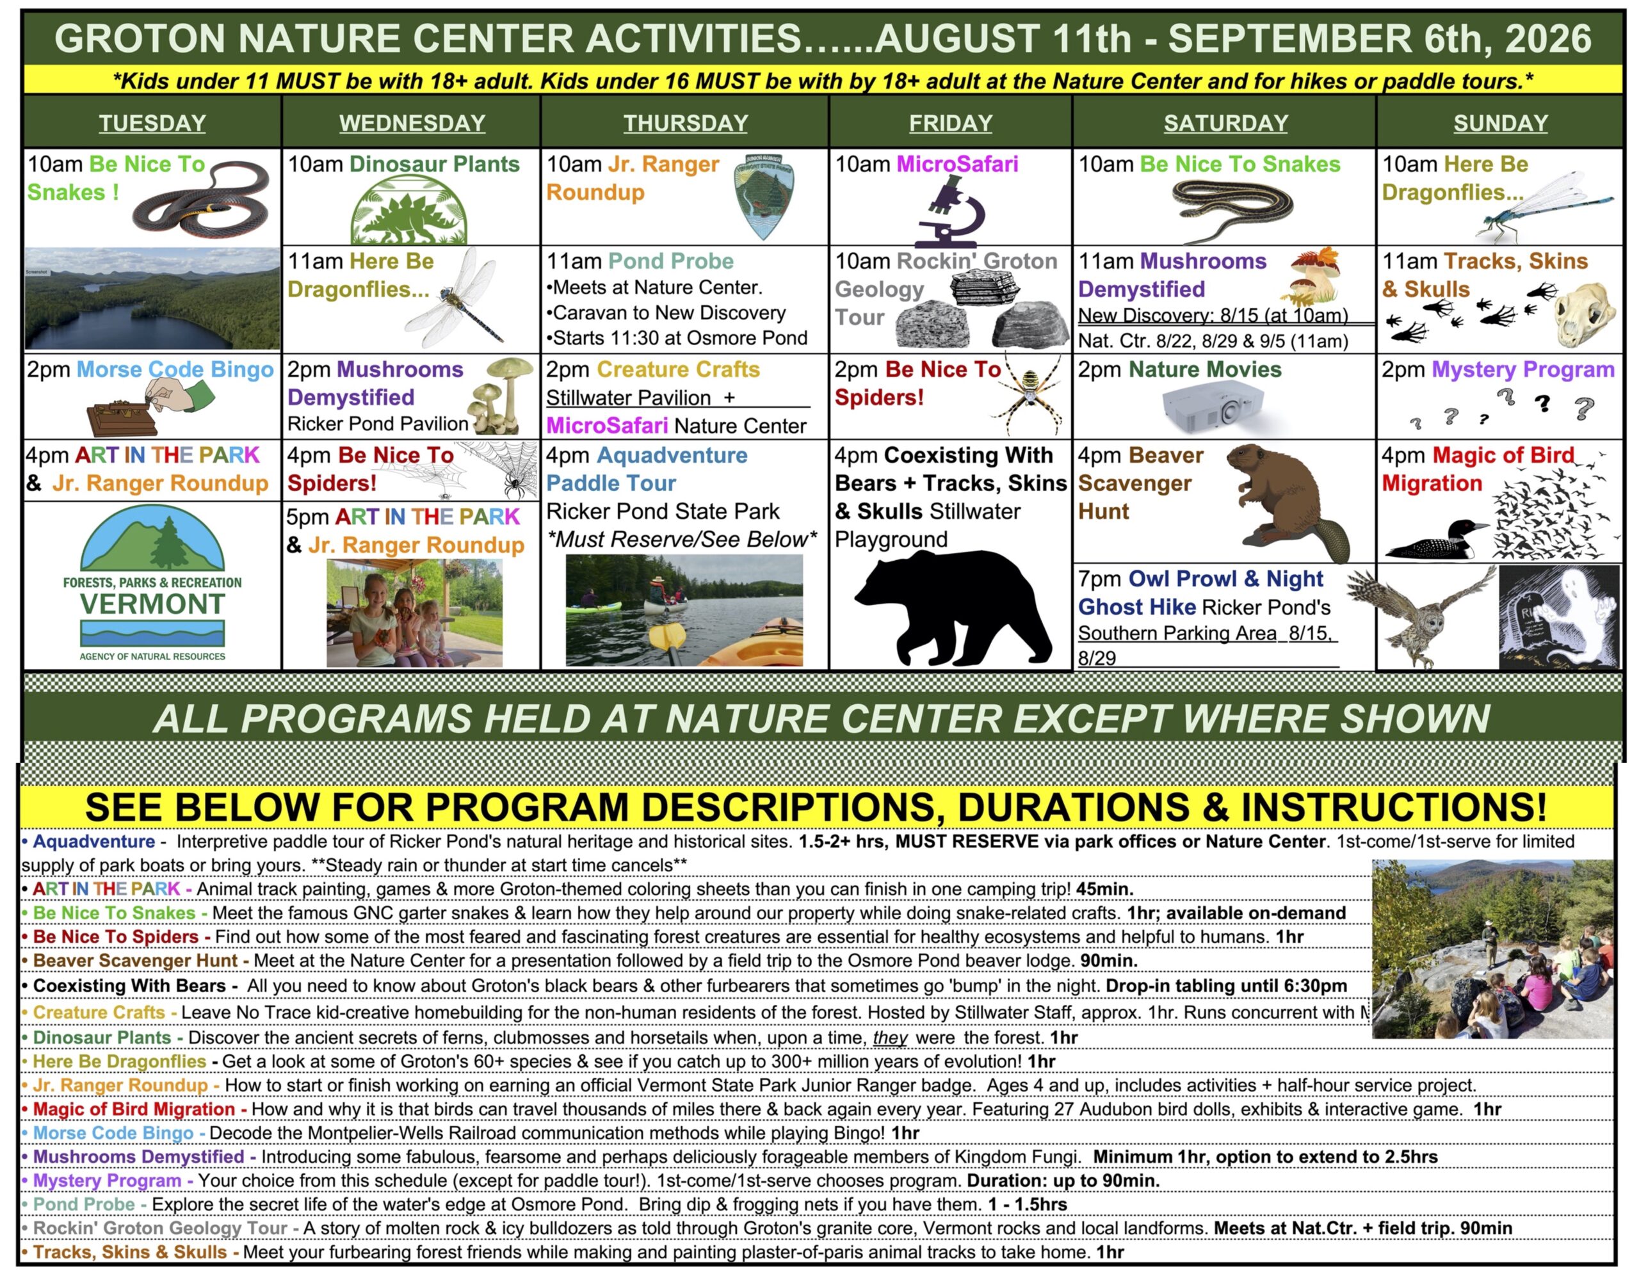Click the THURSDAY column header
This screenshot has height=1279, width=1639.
tap(685, 123)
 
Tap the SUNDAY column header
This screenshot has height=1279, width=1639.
tap(1500, 123)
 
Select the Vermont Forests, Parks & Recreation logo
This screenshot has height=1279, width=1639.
tap(152, 584)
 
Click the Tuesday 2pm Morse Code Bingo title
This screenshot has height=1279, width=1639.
tap(175, 369)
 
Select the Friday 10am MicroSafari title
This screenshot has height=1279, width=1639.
tap(957, 165)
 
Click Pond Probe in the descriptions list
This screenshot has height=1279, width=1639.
tap(84, 1204)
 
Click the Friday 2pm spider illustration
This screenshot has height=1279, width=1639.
tap(1034, 397)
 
